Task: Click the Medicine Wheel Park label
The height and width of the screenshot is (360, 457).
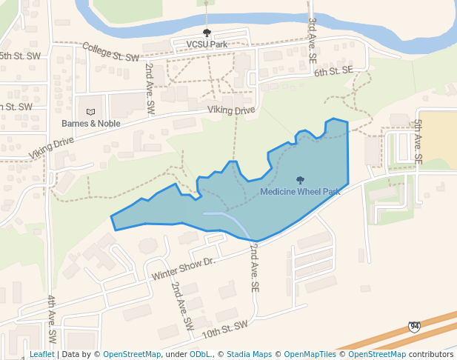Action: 300,192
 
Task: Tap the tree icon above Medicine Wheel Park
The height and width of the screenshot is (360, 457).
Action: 300,180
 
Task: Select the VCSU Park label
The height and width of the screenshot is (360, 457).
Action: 207,44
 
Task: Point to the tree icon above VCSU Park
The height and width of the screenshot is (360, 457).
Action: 207,33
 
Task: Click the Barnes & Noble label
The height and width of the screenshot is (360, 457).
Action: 90,124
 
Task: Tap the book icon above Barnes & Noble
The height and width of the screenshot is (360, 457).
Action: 90,112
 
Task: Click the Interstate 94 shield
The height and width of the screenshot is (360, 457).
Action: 414,327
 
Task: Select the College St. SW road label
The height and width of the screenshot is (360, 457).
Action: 110,51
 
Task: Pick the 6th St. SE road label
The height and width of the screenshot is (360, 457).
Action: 333,71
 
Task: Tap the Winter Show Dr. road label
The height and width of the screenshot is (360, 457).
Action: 182,268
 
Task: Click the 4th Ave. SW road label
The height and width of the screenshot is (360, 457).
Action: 52,319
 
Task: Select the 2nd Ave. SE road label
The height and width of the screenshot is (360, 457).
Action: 254,266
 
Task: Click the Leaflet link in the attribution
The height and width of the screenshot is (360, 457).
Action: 42,354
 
